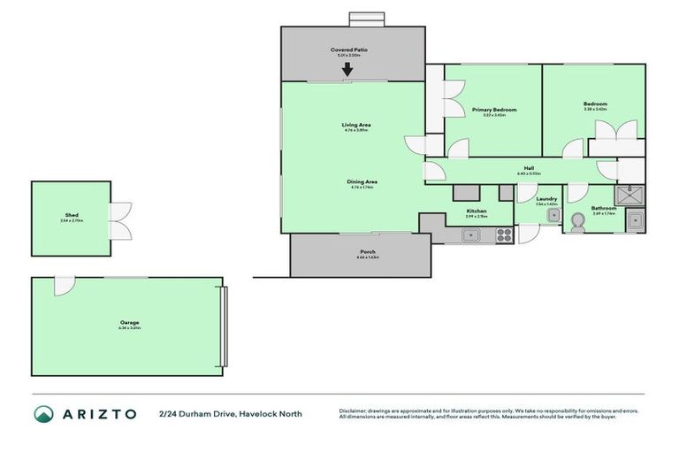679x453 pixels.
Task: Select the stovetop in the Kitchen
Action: [503, 235]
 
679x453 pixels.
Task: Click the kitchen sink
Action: [471, 235]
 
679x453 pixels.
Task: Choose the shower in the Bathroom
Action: [630, 195]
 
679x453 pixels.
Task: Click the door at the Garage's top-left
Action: [64, 286]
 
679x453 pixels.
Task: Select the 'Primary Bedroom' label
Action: [493, 110]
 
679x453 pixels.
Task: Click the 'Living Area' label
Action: [356, 125]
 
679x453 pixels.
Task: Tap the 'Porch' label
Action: [367, 251]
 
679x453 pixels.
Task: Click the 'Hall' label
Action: [529, 168]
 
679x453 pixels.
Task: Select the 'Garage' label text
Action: [130, 322]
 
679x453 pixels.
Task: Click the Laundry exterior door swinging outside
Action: [527, 233]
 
